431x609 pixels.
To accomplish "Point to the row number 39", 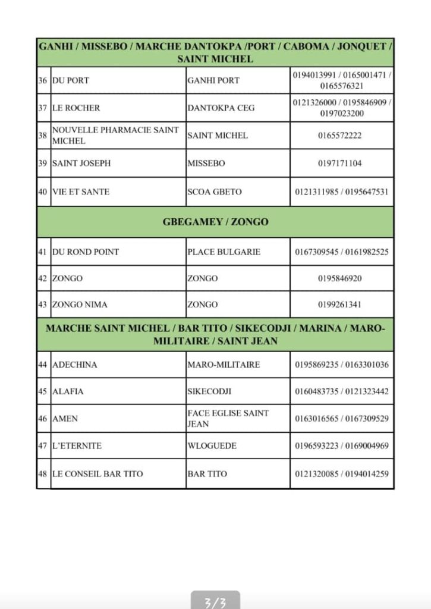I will [43, 163].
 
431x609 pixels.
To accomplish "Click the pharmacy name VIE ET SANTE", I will [81, 192].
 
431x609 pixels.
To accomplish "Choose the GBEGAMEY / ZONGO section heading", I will [215, 222].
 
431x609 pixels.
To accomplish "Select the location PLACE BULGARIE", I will [224, 252].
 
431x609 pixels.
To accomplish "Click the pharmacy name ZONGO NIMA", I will [80, 304].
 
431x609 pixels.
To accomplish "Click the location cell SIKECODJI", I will [209, 391].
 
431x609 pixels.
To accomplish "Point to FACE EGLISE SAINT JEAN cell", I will [228, 418].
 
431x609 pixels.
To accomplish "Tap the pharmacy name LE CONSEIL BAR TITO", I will [97, 474].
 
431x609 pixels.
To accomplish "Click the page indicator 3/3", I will [215, 602].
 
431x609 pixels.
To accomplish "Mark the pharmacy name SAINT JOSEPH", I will [81, 163].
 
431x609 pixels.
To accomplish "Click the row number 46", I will [43, 419].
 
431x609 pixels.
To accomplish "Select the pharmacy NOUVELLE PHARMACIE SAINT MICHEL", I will [115, 135].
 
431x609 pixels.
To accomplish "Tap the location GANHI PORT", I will [213, 80].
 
